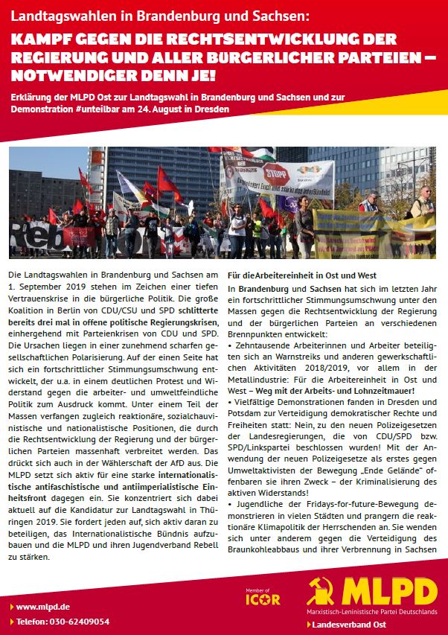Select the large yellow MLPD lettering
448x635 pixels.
(x=388, y=590)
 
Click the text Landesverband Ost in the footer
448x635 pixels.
(x=345, y=622)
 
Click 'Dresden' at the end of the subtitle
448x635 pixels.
(x=214, y=109)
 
